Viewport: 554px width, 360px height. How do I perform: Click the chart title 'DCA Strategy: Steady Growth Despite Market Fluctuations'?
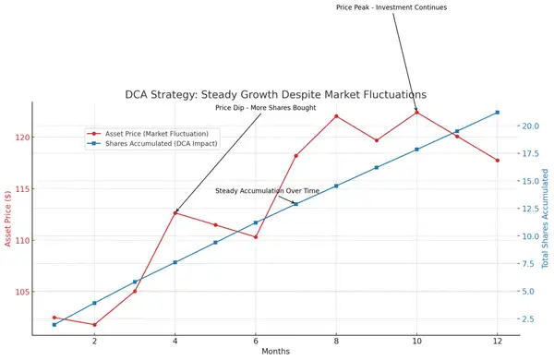click(x=276, y=94)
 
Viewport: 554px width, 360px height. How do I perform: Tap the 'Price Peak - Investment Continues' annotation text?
click(x=391, y=7)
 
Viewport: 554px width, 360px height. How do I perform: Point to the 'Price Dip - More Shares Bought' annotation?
click(x=266, y=108)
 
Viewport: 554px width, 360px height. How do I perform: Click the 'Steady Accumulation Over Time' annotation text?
click(x=267, y=191)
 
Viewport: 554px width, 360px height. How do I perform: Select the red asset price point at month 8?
click(x=336, y=116)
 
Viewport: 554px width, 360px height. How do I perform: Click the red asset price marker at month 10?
click(x=417, y=113)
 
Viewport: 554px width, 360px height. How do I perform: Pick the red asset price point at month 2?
click(x=94, y=324)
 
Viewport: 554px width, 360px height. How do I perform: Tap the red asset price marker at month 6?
click(x=256, y=236)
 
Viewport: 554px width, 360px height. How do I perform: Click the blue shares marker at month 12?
click(x=498, y=113)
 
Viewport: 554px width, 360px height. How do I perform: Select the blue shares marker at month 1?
click(x=54, y=324)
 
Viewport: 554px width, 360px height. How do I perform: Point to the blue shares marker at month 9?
click(x=377, y=167)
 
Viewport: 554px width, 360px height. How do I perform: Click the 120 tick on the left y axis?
click(x=21, y=138)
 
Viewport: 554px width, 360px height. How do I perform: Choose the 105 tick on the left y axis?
click(x=21, y=292)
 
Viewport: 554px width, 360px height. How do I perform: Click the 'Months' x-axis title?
click(x=276, y=353)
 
